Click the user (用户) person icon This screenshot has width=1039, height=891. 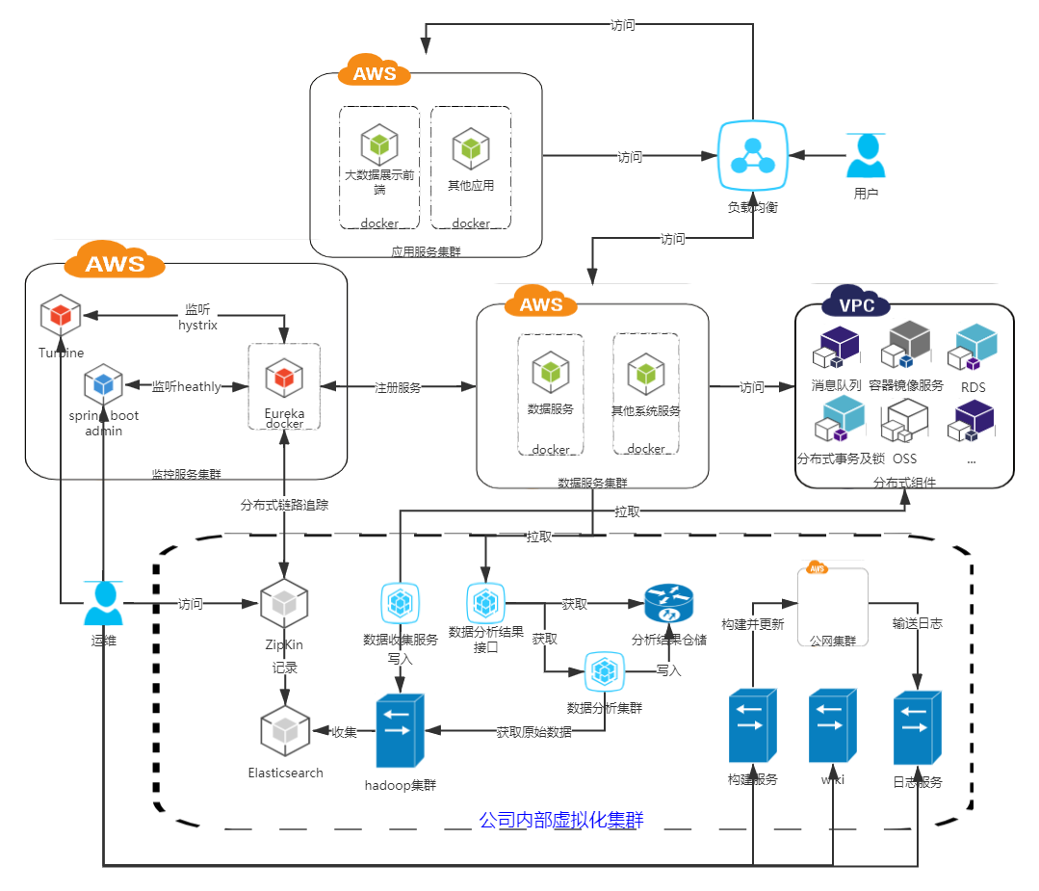click(866, 156)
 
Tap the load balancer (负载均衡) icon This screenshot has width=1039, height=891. click(753, 157)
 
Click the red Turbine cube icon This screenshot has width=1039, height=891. click(61, 316)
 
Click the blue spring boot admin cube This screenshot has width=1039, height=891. click(103, 385)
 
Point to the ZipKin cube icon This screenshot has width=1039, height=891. click(284, 604)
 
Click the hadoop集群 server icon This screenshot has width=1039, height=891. click(400, 728)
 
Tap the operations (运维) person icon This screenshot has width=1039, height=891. click(103, 604)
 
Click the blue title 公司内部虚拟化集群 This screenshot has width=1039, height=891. click(560, 821)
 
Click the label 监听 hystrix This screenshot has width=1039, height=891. click(197, 317)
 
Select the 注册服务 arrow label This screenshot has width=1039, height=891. click(398, 386)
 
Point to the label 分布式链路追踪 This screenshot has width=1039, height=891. click(284, 504)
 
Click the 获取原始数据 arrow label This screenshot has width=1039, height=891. click(533, 731)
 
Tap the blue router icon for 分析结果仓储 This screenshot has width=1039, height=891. click(668, 604)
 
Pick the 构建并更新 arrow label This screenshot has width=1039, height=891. click(753, 623)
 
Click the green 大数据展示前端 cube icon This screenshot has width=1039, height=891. click(379, 145)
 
